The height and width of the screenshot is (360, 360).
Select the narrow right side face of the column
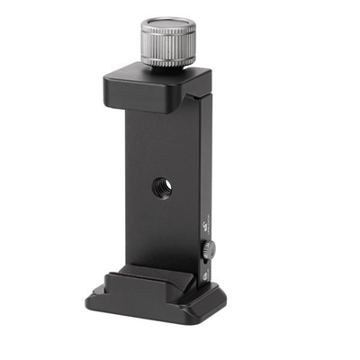click(x=204, y=180)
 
